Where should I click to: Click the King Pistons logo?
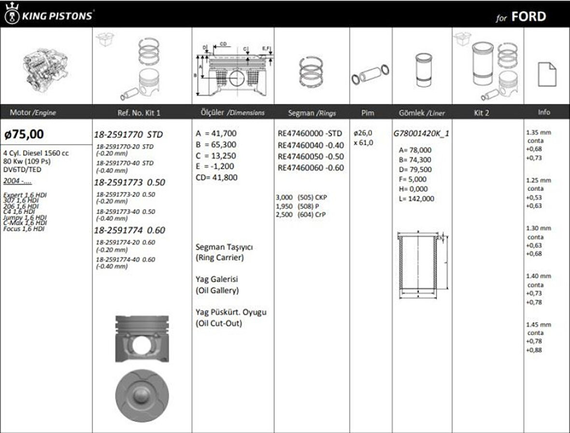tap(48, 15)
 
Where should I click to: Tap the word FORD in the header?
tap(528, 17)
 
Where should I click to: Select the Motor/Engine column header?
tap(33, 112)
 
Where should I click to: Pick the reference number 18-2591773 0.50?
tap(129, 183)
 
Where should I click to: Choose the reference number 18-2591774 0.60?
tap(129, 230)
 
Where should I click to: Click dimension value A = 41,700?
tap(216, 133)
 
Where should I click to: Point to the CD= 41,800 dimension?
tap(216, 177)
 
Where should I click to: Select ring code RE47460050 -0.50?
tap(311, 156)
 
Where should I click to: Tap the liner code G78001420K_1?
tap(421, 134)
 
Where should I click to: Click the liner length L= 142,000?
tap(416, 198)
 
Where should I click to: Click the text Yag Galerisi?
tap(217, 279)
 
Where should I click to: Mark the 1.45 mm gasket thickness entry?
tap(538, 324)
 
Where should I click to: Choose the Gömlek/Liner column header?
tap(421, 112)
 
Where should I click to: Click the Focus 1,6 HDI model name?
tap(25, 229)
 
